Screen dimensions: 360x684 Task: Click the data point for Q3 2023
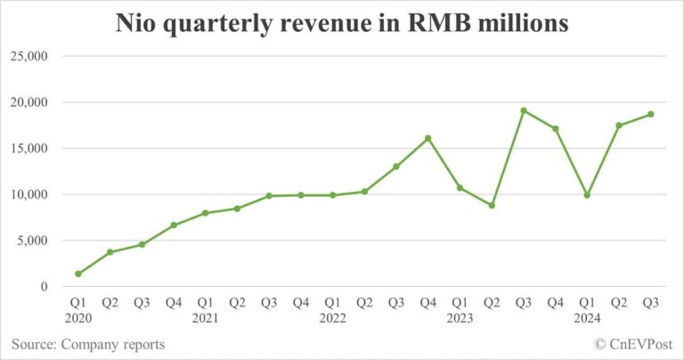[524, 110]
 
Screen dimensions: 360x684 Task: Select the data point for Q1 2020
[78, 274]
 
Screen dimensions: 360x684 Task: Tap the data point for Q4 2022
[428, 138]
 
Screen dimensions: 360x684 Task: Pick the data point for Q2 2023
[492, 205]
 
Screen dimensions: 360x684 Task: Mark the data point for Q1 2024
[587, 195]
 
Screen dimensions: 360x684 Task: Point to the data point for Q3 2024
[651, 114]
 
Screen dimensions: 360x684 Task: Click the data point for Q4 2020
[174, 225]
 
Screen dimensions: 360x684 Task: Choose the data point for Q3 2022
[396, 167]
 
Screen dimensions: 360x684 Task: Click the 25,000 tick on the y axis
[30, 56]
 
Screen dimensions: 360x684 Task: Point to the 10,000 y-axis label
[30, 194]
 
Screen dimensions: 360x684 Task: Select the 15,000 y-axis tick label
[30, 148]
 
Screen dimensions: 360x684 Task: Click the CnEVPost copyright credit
[633, 344]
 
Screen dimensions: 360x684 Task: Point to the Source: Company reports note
[88, 344]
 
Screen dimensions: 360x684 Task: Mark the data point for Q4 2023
[556, 128]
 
